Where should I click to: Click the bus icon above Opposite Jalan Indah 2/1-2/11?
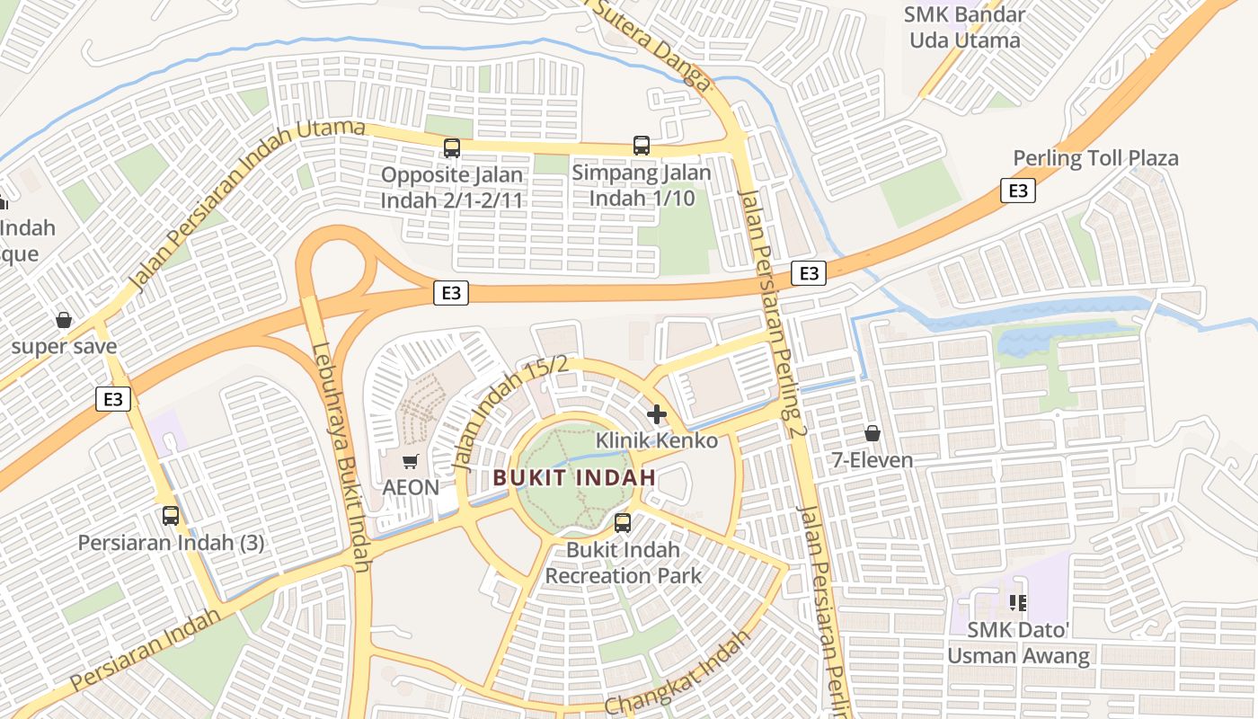(x=452, y=148)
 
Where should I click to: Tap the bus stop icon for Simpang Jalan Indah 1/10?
(x=642, y=146)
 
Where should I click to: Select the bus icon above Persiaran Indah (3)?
(x=171, y=516)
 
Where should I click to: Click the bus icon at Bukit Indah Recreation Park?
(x=623, y=522)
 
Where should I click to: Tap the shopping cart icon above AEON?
(x=411, y=462)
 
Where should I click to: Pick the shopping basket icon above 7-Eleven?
(x=872, y=434)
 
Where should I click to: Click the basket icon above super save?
(x=64, y=320)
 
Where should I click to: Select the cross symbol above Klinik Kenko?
(x=657, y=414)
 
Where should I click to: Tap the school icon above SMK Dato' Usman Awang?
(x=1018, y=602)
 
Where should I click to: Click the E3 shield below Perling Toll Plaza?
(x=1017, y=191)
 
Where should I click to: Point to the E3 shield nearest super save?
(x=113, y=398)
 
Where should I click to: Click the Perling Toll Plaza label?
(x=1095, y=159)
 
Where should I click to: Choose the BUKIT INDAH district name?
(x=575, y=477)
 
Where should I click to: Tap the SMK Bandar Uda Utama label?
(x=965, y=28)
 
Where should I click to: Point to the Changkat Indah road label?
(x=678, y=673)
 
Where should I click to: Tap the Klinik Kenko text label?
(x=657, y=440)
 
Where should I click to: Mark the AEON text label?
(x=411, y=488)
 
